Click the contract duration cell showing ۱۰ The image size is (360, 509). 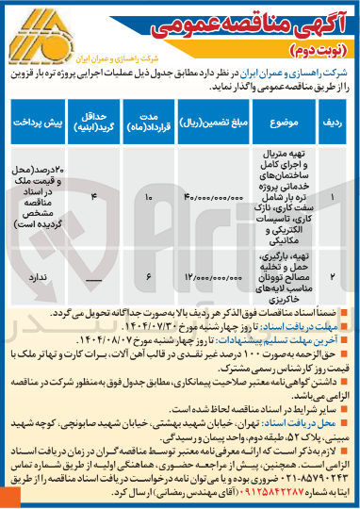(149, 196)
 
